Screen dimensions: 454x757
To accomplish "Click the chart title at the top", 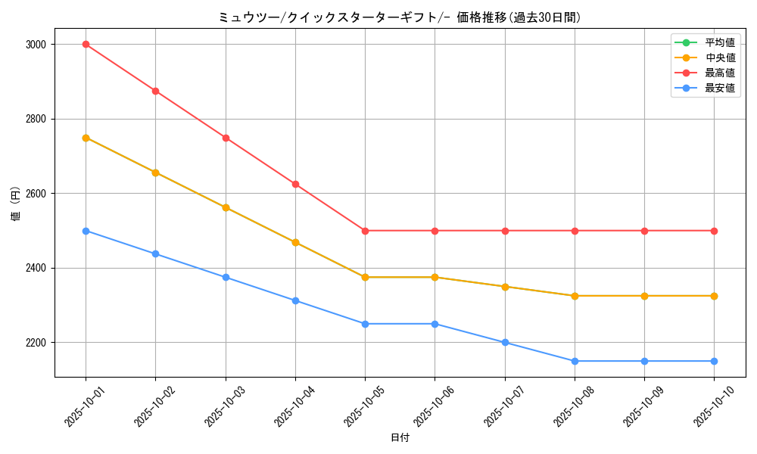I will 399,17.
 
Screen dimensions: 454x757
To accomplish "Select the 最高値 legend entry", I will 720,73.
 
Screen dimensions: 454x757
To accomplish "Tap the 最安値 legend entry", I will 720,88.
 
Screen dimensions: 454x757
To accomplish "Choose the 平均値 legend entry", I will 720,42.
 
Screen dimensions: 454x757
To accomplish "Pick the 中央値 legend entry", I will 720,58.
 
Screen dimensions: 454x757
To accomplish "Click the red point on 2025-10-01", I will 86,45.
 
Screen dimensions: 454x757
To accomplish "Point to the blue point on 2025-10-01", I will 86,231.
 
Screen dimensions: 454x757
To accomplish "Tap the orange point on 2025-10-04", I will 295,242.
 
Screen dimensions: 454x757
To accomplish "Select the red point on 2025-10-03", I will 226,138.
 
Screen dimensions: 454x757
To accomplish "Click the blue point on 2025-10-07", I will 505,343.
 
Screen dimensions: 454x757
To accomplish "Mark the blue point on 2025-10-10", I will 714,361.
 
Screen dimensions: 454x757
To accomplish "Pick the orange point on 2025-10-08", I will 575,296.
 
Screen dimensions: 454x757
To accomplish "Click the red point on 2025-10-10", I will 714,231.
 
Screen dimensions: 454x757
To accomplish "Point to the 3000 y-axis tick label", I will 35,45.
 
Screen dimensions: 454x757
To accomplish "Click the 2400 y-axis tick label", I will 35,268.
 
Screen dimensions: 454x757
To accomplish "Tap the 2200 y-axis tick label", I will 35,343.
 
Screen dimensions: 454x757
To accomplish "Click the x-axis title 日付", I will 400,438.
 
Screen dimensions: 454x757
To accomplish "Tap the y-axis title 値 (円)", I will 16,204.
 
